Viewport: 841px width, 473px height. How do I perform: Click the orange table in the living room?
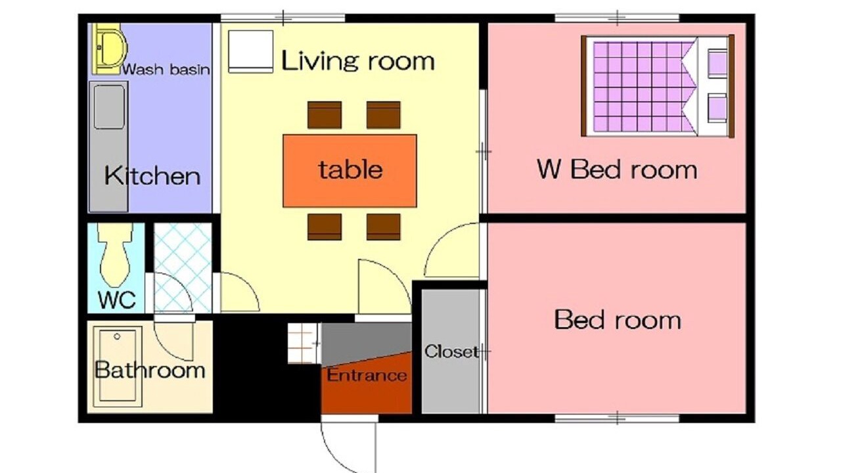350,171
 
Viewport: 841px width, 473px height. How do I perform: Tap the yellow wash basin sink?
110,49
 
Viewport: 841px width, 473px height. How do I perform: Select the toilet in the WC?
116,256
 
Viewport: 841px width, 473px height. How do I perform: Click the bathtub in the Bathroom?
118,367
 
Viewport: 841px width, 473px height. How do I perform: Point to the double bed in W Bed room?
658,86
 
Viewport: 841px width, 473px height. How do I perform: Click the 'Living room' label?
358,61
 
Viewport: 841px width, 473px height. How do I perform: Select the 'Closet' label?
451,351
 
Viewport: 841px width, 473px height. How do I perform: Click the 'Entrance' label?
367,375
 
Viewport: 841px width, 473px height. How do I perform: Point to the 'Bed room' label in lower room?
618,320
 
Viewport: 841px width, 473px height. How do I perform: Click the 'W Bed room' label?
617,169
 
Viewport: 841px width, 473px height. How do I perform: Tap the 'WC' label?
117,300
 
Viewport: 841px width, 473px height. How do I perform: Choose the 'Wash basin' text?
166,70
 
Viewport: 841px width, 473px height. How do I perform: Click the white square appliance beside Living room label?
250,51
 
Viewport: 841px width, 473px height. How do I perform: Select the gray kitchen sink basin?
109,106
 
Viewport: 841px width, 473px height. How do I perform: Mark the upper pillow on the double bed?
717,63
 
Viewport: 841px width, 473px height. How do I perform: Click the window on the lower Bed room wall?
617,418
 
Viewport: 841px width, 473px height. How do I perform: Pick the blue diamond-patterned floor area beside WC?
183,268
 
